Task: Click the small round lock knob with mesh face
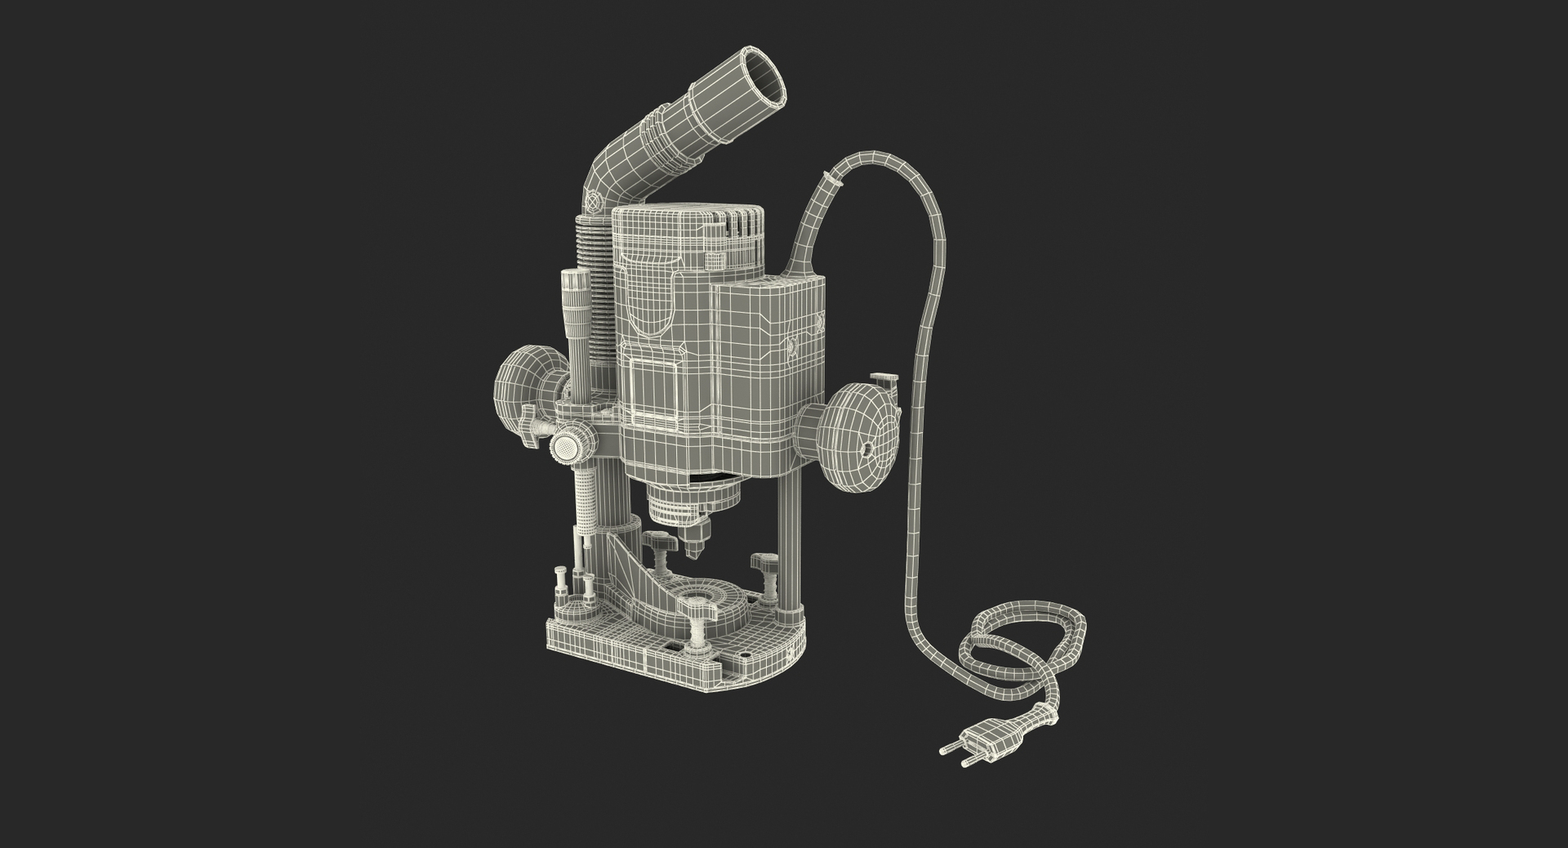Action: (x=566, y=446)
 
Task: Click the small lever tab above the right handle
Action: (x=884, y=379)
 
